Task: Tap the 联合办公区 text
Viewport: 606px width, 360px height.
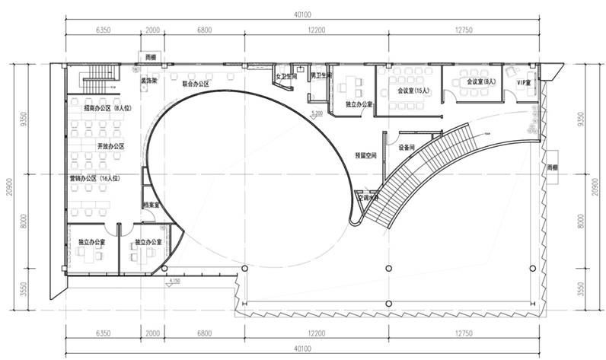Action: (196, 84)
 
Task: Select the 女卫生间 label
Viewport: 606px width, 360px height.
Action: (285, 76)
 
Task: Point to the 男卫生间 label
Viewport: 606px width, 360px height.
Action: (320, 75)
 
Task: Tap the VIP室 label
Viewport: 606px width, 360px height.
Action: (524, 81)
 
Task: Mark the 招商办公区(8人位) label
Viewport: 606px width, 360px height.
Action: (107, 108)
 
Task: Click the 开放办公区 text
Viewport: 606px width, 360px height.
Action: (110, 145)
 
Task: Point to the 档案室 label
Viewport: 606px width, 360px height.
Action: (151, 205)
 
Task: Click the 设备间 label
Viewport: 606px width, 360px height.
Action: (407, 147)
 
